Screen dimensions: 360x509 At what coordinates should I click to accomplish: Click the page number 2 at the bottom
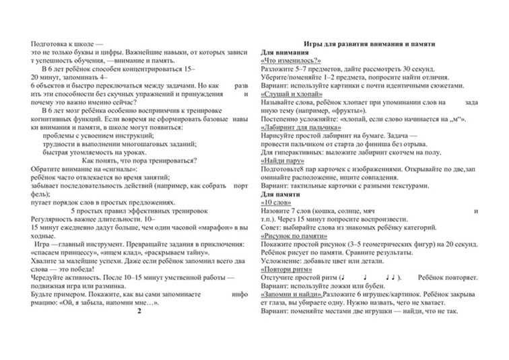139,312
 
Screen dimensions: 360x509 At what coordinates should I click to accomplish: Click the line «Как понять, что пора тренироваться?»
139,160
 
